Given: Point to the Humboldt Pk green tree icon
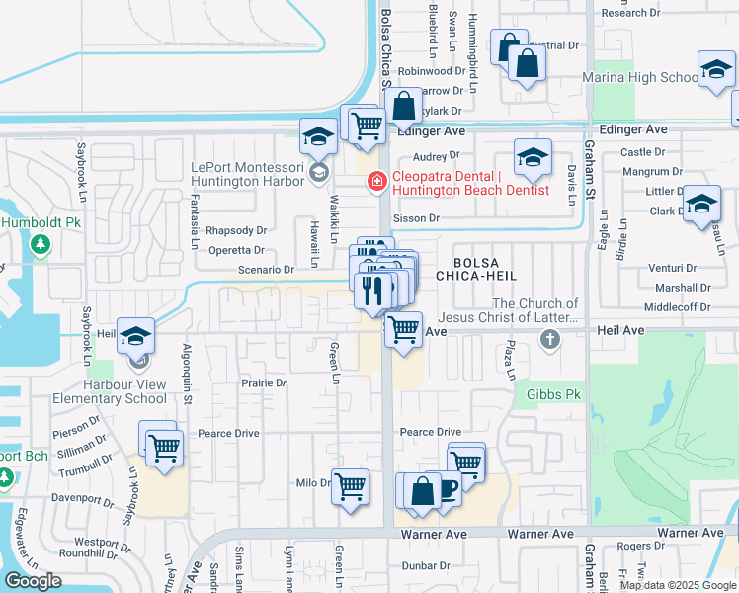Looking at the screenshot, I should tap(41, 244).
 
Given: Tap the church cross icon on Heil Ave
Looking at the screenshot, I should tap(550, 340).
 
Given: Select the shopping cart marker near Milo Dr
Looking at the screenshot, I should tap(351, 485).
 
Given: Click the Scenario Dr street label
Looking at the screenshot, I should tap(267, 269).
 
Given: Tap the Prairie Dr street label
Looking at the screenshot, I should tap(264, 382).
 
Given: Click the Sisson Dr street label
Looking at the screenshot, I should tap(415, 218).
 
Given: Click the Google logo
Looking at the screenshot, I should tap(33, 581).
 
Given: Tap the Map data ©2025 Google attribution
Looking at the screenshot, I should tap(678, 585).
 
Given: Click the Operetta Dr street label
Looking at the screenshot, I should tap(235, 251).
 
